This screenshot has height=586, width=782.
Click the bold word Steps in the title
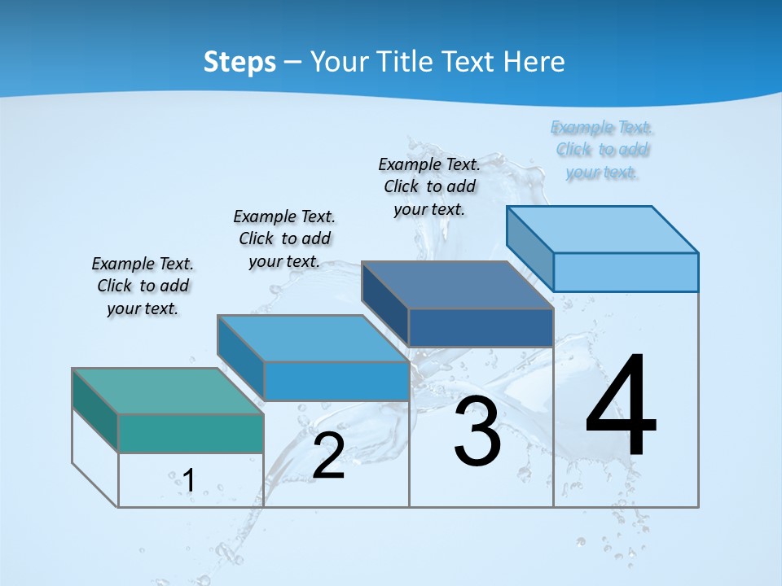239,62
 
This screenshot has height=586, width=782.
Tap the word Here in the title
534,62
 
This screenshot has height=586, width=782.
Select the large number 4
621,407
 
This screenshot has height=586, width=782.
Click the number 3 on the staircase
477,431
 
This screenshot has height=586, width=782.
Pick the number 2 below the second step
328,456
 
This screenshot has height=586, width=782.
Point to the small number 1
188,480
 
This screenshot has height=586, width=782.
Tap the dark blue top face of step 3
457,285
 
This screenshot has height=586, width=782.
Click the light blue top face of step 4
602,229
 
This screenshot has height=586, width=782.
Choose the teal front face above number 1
191,433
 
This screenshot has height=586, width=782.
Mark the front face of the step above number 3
481,328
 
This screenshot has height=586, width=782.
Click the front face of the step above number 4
626,272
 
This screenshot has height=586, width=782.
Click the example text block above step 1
143,286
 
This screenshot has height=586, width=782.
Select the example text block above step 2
284,238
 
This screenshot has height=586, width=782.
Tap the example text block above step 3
429,186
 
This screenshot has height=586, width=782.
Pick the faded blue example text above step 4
602,150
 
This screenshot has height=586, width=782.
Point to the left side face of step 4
529,248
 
